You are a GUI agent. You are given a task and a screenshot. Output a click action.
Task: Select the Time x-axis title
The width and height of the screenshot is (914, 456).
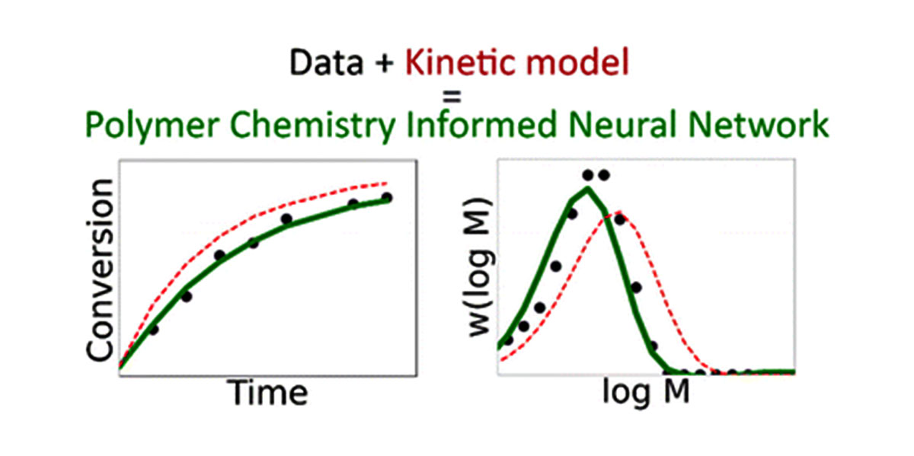270,393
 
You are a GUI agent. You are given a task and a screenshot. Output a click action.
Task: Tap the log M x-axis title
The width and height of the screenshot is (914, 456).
646,394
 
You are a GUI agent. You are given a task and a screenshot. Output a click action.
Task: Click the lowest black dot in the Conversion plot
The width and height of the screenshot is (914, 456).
153,330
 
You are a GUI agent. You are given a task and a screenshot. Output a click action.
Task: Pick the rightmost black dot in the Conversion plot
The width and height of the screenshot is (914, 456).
386,198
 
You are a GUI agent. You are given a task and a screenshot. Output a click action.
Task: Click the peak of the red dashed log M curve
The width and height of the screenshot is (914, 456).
618,212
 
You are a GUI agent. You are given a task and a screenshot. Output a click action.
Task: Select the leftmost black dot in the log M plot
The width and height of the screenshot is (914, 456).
508,340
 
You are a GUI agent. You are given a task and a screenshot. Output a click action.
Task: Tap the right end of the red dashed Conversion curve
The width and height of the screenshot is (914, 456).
387,183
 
